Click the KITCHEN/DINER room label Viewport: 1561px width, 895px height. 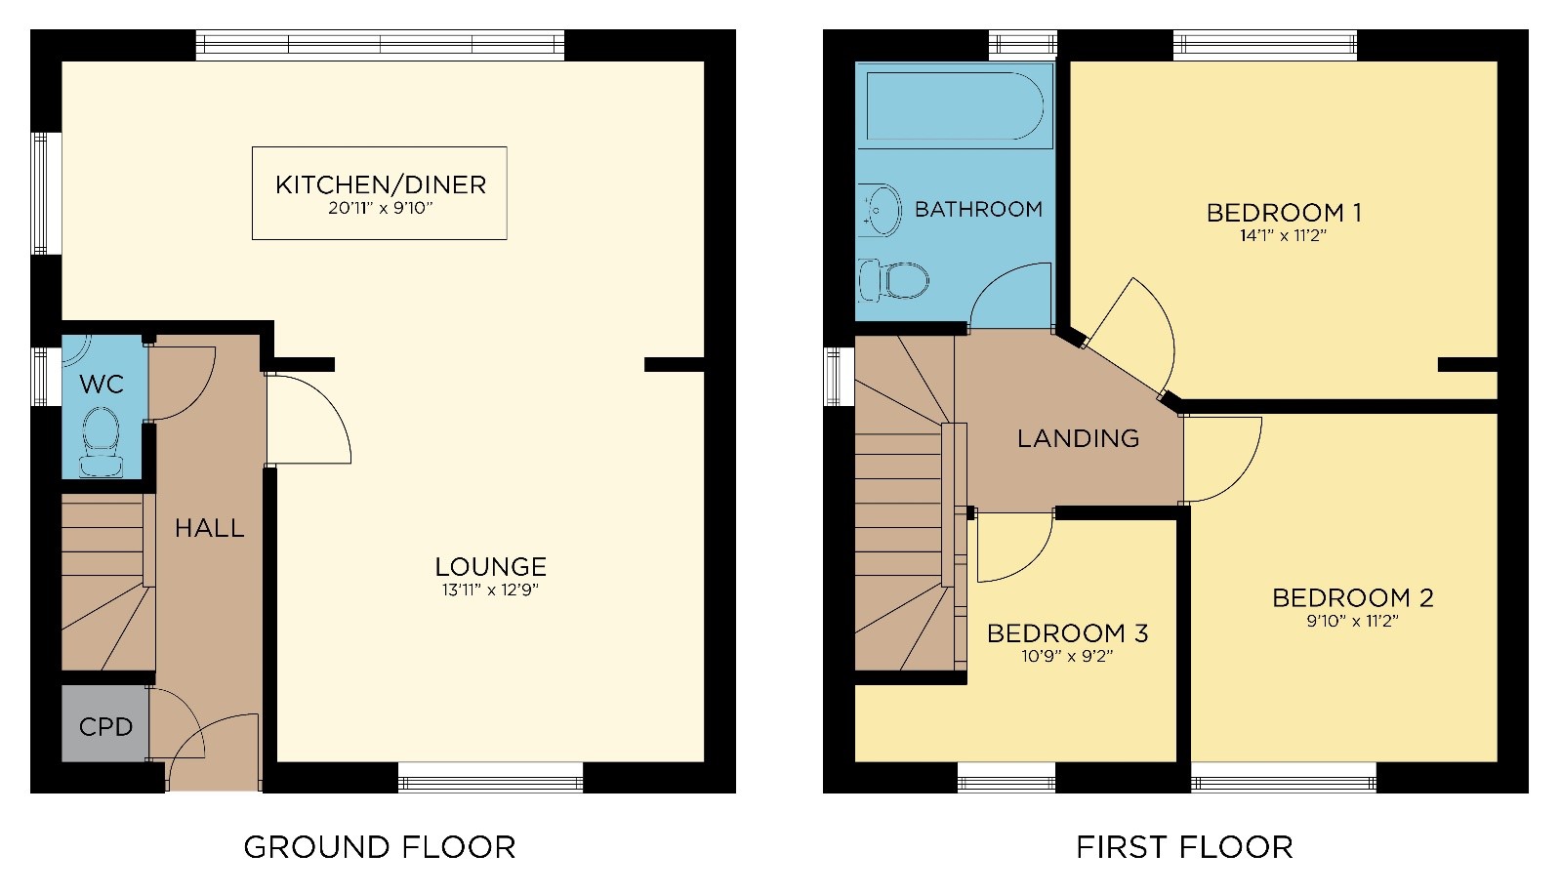pyautogui.click(x=380, y=184)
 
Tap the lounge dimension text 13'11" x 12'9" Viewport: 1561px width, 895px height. pyautogui.click(x=489, y=590)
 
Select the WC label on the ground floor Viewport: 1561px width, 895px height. pyautogui.click(x=102, y=385)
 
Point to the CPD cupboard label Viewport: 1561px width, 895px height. pyautogui.click(x=105, y=727)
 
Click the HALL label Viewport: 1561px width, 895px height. pyautogui.click(x=209, y=528)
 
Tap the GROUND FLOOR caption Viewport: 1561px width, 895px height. pyautogui.click(x=379, y=847)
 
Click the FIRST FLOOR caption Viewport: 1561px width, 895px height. pyautogui.click(x=1184, y=847)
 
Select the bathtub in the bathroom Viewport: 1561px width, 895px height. pyautogui.click(x=955, y=106)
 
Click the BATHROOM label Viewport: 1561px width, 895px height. pyautogui.click(x=978, y=209)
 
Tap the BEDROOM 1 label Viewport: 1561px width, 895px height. pyautogui.click(x=1284, y=212)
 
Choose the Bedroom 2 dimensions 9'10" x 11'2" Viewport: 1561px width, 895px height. pyautogui.click(x=1352, y=621)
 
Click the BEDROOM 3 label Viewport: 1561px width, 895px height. pyautogui.click(x=1067, y=633)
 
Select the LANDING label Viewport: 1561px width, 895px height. pyautogui.click(x=1078, y=438)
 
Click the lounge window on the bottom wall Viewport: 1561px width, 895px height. pyautogui.click(x=490, y=778)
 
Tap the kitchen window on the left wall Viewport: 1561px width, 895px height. pyautogui.click(x=41, y=193)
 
